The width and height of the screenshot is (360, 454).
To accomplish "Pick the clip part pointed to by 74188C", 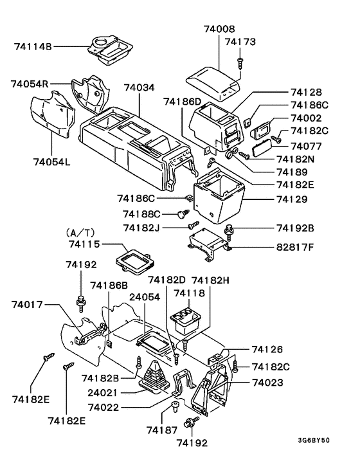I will point(182,213).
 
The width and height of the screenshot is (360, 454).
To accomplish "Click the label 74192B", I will point(296,228).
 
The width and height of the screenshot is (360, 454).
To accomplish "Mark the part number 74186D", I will point(183,101).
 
